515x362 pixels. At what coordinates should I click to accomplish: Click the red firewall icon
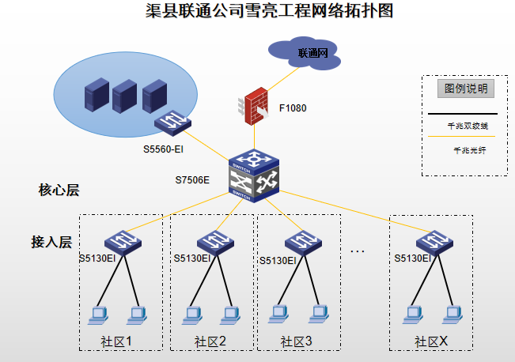[x=254, y=106]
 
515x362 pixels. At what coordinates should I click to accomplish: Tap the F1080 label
[x=293, y=108]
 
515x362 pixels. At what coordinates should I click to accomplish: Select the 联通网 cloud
[x=305, y=53]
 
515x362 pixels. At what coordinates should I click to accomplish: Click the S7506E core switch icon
[x=254, y=175]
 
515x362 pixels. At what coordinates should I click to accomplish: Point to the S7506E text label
[x=192, y=180]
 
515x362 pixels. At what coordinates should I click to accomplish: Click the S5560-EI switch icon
[x=172, y=123]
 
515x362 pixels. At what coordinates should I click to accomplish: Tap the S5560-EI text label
[x=163, y=149]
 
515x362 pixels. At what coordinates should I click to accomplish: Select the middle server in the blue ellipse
[x=124, y=96]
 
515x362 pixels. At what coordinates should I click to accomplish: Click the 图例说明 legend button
[x=466, y=89]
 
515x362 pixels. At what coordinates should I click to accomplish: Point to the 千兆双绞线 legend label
[x=468, y=126]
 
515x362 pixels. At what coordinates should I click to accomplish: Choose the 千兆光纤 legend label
[x=470, y=150]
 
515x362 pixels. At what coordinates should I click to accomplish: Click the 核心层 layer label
[x=59, y=190]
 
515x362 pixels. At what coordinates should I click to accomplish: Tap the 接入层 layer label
[x=51, y=242]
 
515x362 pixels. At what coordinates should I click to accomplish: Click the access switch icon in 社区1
[x=123, y=243]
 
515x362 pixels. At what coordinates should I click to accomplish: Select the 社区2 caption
[x=210, y=341]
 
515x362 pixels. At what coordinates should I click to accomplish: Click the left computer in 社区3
[x=278, y=315]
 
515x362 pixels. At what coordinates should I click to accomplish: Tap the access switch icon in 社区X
[x=434, y=243]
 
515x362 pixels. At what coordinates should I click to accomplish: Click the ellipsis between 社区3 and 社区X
[x=358, y=251]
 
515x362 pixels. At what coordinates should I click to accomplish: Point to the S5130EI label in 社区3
[x=278, y=261]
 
